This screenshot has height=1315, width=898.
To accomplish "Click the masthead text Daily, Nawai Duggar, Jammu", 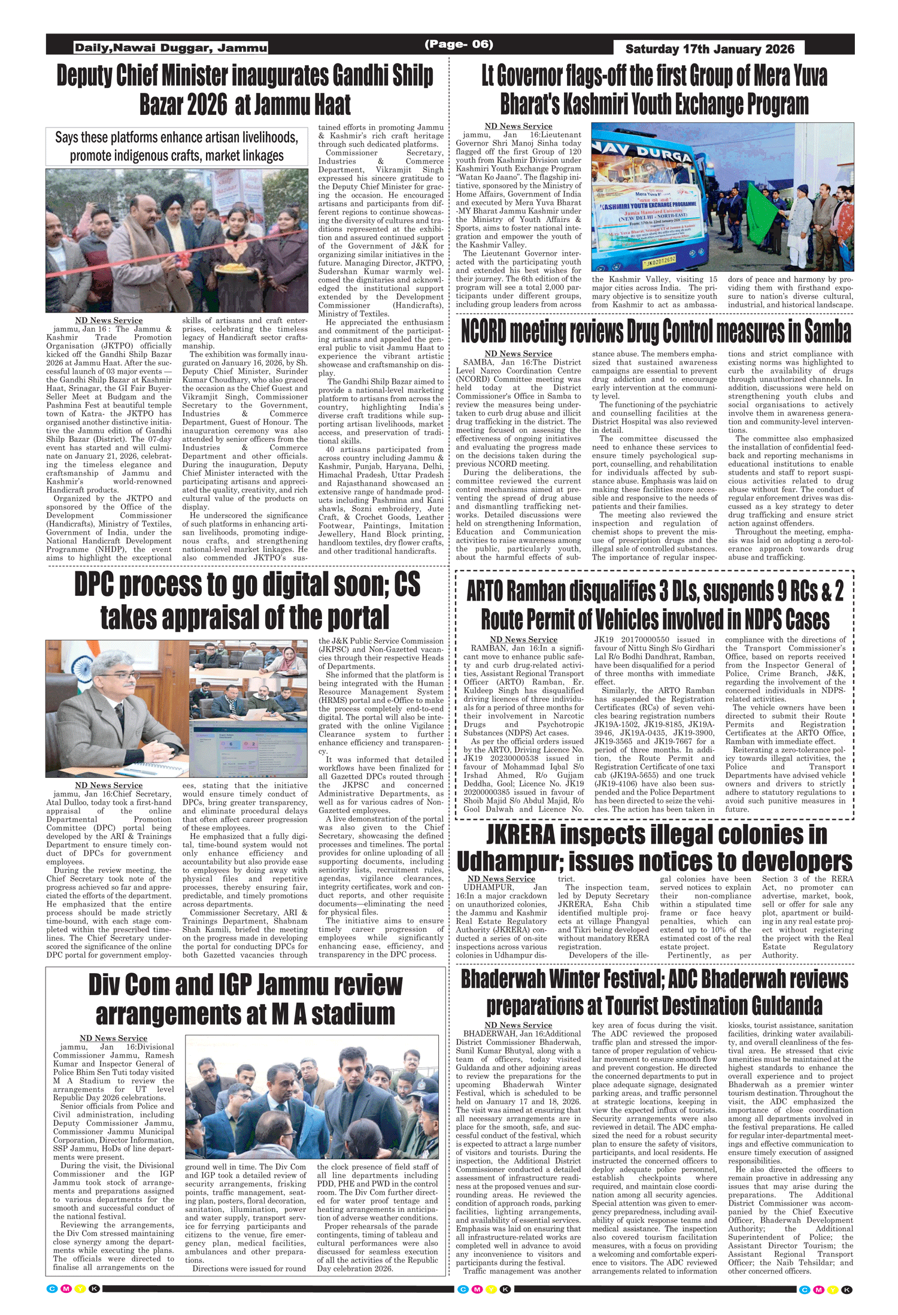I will (x=171, y=48).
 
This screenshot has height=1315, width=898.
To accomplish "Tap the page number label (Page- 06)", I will (x=459, y=44).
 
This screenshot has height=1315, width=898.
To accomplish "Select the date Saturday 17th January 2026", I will (x=709, y=49).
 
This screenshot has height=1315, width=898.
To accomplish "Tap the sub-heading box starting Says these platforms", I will (x=177, y=146).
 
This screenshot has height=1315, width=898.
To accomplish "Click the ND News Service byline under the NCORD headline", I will (x=518, y=353).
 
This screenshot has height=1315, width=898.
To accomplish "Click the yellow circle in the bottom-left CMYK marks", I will (x=80, y=1289).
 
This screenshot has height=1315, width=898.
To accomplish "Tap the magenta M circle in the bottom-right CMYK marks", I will (x=818, y=1290).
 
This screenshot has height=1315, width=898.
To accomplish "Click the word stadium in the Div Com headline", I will (x=353, y=1014).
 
